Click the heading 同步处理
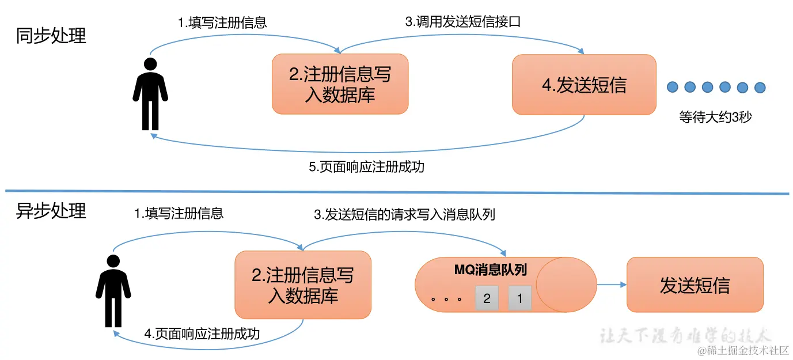[x=51, y=36]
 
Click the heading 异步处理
[x=51, y=211]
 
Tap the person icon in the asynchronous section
[x=113, y=291]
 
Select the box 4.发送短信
[x=584, y=85]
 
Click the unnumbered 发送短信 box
[x=695, y=285]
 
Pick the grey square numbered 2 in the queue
[x=487, y=298]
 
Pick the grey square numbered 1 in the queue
[x=520, y=298]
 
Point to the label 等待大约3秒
[x=715, y=117]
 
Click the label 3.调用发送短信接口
[x=463, y=22]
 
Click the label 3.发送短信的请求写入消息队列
[x=404, y=215]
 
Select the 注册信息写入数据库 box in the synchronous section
[x=340, y=84]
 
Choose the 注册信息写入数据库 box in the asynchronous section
[x=303, y=285]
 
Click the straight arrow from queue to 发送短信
[x=611, y=285]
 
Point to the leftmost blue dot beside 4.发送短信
[x=672, y=88]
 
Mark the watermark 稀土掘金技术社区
[x=743, y=351]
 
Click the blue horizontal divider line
[x=396, y=192]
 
